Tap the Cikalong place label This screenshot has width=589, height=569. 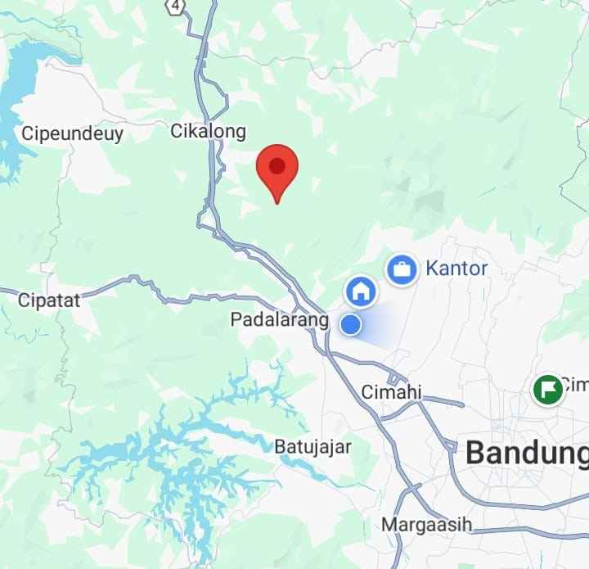click(x=208, y=131)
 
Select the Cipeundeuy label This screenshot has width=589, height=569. click(x=73, y=134)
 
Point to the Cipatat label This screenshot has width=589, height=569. click(x=49, y=300)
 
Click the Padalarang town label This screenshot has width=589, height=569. click(x=279, y=320)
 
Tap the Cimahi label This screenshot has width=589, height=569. click(x=391, y=393)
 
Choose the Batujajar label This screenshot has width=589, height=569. click(x=312, y=447)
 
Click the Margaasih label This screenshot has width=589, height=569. click(x=427, y=524)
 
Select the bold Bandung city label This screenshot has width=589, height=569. click(x=526, y=453)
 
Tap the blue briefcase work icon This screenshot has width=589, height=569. click(x=402, y=269)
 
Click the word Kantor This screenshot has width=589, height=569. click(x=456, y=269)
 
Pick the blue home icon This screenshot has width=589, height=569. click(x=361, y=290)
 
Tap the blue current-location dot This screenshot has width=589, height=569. click(x=351, y=324)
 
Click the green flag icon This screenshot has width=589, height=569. click(x=547, y=389)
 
